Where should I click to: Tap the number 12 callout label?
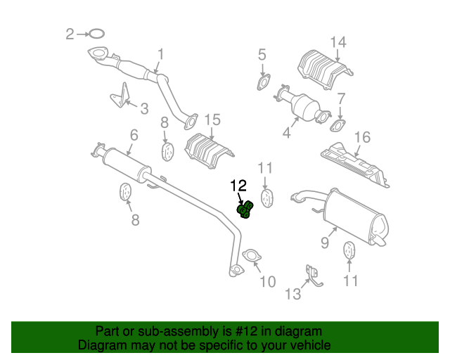(238, 186)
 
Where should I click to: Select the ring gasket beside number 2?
(97, 33)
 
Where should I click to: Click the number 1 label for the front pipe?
(160, 53)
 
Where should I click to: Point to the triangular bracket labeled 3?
(121, 97)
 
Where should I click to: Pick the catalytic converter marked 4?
(303, 107)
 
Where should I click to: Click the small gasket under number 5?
(264, 82)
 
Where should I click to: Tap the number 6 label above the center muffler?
(133, 134)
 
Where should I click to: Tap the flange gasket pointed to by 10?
(250, 257)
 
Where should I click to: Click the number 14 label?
(338, 42)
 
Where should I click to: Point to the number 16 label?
(361, 137)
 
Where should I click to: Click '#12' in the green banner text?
(239, 331)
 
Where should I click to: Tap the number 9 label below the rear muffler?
(325, 243)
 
